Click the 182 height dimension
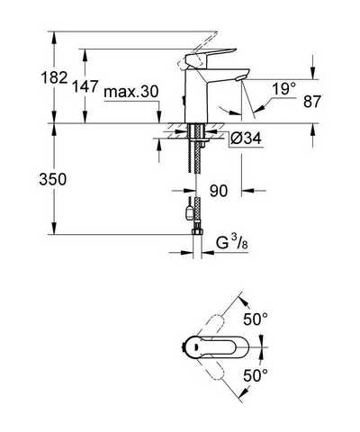54,77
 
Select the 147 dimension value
85,86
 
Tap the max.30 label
131,92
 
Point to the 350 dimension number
53,180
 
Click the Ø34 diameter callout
246,139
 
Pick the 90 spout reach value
219,191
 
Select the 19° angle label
283,89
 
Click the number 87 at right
312,102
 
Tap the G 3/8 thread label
232,243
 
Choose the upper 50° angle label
256,319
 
